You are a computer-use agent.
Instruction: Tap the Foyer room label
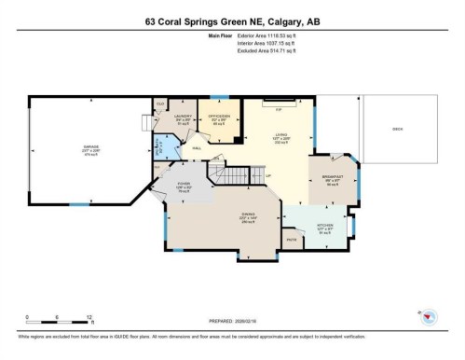tap(185, 186)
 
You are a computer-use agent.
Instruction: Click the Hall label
tap(198, 147)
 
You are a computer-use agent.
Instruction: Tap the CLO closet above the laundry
tap(160, 103)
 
